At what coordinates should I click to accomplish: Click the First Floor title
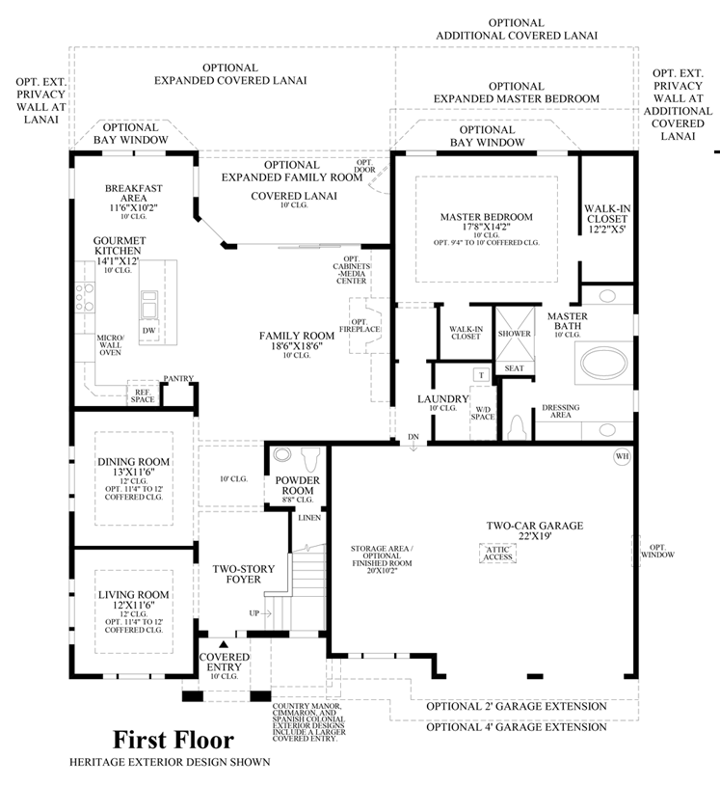pos(173,741)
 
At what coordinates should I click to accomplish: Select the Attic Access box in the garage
pos(497,552)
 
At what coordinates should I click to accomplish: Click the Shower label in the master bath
pos(514,334)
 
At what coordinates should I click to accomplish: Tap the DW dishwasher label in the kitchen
pos(148,330)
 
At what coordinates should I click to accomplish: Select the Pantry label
pos(178,378)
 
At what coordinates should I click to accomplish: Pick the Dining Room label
pos(133,468)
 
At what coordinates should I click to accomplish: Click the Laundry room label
pos(442,398)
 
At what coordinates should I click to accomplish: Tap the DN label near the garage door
pos(413,438)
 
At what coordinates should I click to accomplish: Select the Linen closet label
pos(309,518)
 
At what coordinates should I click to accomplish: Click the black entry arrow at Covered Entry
pos(224,643)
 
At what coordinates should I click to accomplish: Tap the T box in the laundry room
pos(479,375)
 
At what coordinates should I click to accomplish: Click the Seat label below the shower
pos(515,368)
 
